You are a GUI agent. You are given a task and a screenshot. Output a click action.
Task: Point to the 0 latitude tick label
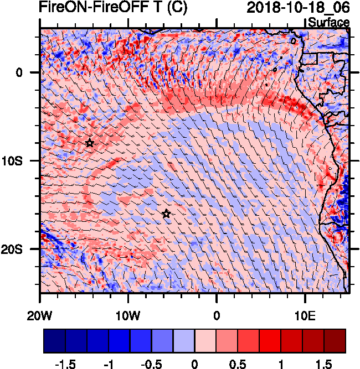click(19, 72)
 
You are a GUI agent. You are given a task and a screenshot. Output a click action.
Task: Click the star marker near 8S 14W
click(90, 143)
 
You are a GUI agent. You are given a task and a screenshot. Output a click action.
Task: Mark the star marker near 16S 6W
click(166, 214)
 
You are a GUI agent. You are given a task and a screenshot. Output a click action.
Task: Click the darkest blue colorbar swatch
click(54, 341)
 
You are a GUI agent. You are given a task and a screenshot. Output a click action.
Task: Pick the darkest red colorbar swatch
click(335, 341)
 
